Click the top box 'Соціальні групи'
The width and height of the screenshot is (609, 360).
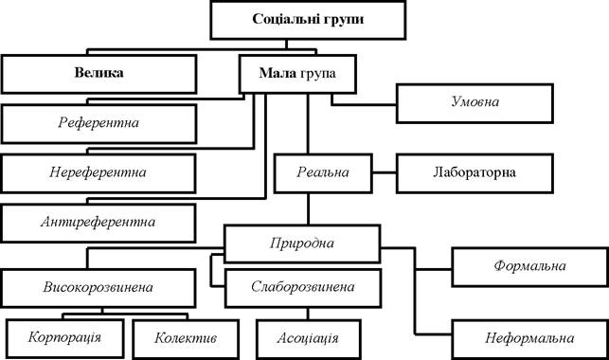click(308, 20)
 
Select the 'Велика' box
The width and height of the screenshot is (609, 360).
click(99, 74)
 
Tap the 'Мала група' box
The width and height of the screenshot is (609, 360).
click(297, 74)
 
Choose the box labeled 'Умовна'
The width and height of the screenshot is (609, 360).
click(475, 103)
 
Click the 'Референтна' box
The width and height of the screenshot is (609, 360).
click(99, 123)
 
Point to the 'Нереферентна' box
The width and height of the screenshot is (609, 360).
click(99, 173)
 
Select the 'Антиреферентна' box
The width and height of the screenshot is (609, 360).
click(99, 223)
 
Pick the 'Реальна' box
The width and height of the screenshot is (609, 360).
click(323, 173)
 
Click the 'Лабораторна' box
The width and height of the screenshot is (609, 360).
click(475, 173)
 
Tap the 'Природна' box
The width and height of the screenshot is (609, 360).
click(302, 243)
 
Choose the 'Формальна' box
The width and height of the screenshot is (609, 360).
click(530, 267)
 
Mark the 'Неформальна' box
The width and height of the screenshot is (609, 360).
click(530, 339)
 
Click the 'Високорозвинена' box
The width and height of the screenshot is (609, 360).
click(99, 288)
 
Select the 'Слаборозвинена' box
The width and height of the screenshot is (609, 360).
click(303, 288)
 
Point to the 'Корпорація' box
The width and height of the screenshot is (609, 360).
click(64, 338)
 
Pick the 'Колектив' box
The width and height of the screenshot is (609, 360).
click(186, 339)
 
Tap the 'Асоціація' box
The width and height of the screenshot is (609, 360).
click(309, 339)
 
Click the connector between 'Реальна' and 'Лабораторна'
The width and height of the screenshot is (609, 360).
click(385, 172)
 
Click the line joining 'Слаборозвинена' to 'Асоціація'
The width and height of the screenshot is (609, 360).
click(308, 314)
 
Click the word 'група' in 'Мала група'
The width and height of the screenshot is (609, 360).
click(317, 73)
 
